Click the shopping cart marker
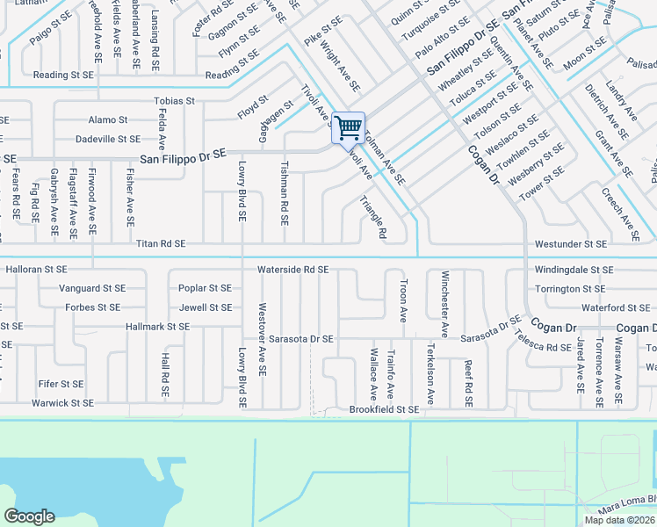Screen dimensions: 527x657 click(x=349, y=128)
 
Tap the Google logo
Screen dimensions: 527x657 click(x=29, y=516)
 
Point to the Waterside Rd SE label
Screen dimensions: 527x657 click(x=292, y=270)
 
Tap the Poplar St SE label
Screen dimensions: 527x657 click(x=205, y=288)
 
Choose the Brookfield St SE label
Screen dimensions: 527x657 click(x=384, y=409)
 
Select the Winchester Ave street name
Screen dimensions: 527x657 click(x=445, y=304)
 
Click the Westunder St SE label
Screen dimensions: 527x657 click(x=571, y=243)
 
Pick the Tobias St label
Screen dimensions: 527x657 click(x=174, y=101)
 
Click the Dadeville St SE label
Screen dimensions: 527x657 click(x=108, y=139)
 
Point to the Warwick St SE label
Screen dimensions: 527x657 click(x=62, y=403)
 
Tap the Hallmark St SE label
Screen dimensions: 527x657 click(x=158, y=327)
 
